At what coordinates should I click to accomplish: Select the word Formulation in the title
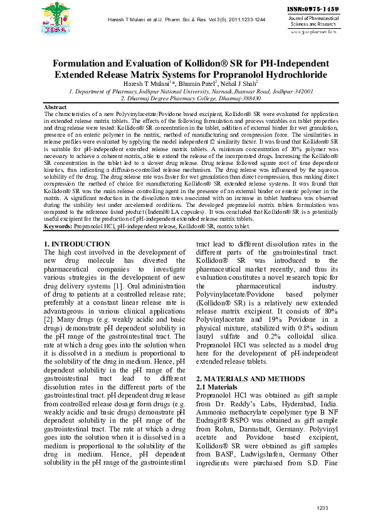83,64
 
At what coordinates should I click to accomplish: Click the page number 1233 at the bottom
322,507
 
